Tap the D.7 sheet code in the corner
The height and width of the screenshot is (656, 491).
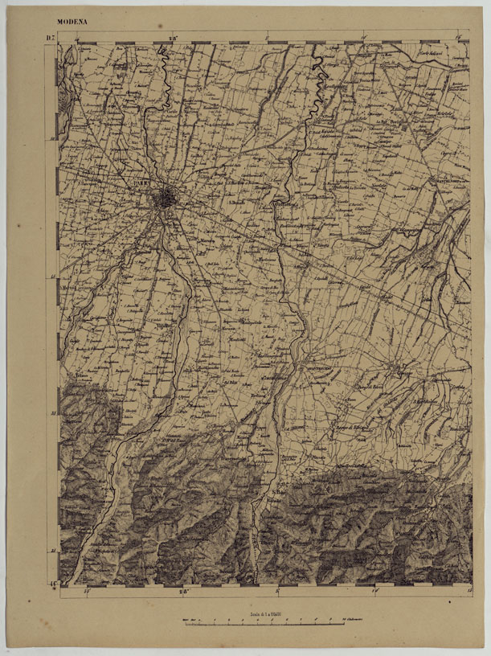click(x=50, y=38)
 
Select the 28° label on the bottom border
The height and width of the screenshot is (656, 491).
click(x=183, y=594)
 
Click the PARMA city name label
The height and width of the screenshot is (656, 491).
click(x=145, y=185)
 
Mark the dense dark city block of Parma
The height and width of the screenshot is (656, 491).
click(x=166, y=197)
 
